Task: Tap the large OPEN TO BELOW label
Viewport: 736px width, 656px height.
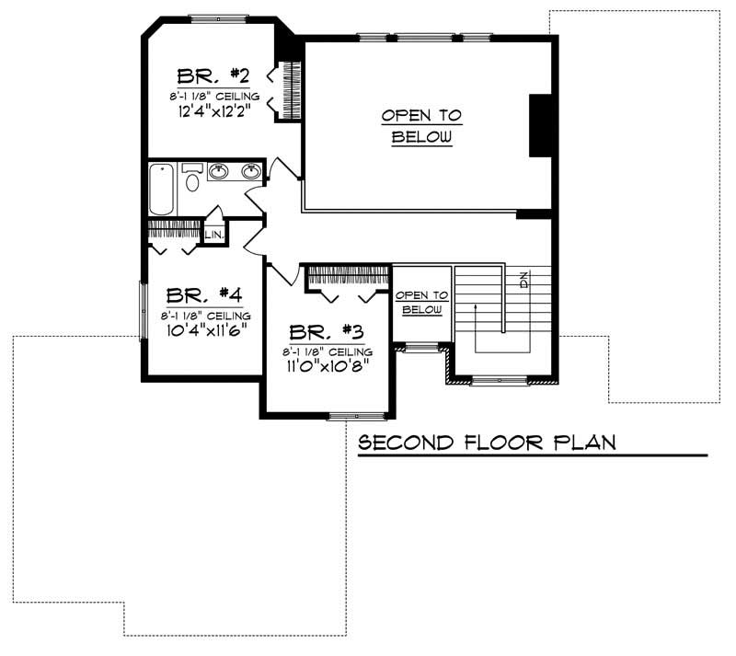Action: coord(421,127)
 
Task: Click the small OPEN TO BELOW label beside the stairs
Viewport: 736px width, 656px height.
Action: coord(422,303)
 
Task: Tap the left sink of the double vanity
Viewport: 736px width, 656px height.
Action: coord(219,171)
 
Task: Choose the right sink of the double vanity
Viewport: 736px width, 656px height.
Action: coord(250,171)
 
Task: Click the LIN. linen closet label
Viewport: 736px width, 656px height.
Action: coord(213,236)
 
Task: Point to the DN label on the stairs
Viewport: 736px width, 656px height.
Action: coord(523,279)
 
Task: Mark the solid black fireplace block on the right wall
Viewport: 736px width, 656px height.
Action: coord(541,125)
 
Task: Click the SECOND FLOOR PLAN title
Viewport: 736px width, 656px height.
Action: coord(487,443)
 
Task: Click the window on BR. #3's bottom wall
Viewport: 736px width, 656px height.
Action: coord(356,416)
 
